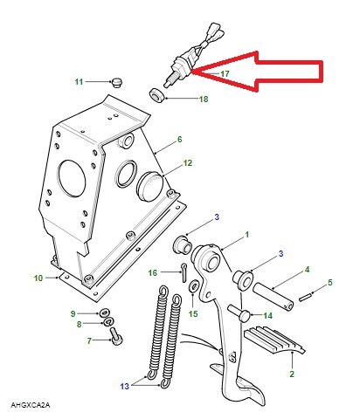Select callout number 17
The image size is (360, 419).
[x=225, y=74]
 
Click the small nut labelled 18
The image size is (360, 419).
[x=156, y=93]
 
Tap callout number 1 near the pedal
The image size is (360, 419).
[x=246, y=234]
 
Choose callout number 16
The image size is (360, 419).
[x=153, y=273]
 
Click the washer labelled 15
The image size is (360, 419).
[x=194, y=292]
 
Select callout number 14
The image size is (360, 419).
[x=269, y=314]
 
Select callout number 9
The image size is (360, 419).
[x=73, y=313]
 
